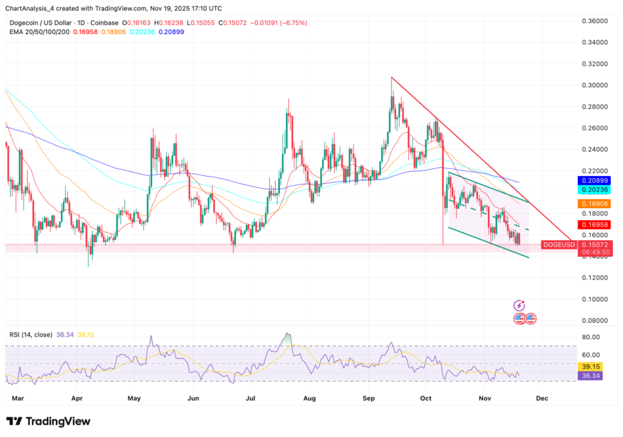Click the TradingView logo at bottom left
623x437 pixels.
point(48,421)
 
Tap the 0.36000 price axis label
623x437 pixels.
point(596,21)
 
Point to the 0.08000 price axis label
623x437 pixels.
point(596,320)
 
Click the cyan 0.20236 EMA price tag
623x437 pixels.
point(596,190)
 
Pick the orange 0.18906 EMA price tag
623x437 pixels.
point(596,204)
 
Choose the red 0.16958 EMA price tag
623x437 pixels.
point(596,225)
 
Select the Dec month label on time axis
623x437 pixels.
point(542,397)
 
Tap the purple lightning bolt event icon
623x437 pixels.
point(519,305)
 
